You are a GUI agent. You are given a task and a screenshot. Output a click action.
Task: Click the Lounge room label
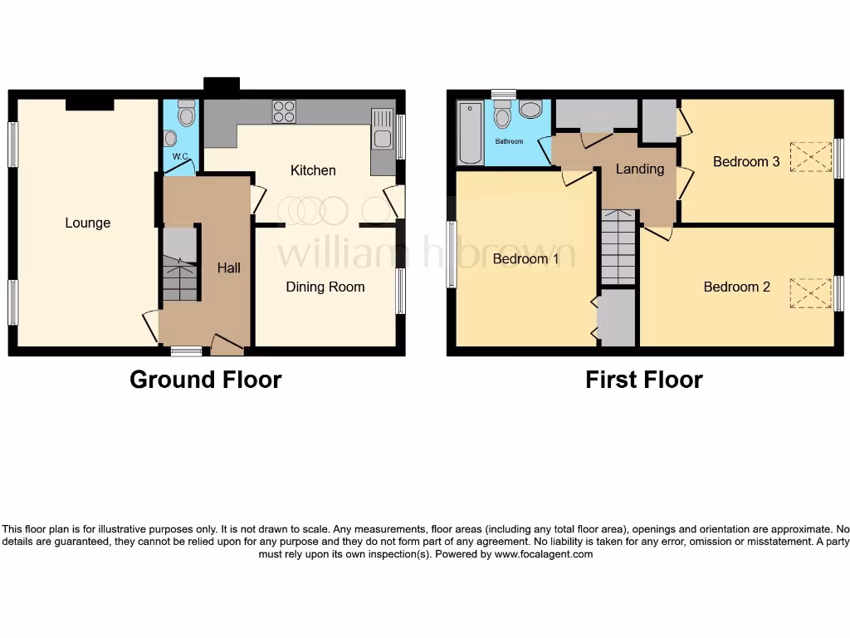(x=87, y=223)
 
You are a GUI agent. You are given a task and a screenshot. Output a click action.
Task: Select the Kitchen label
(x=313, y=170)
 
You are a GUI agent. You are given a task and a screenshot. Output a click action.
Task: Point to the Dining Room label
(x=325, y=287)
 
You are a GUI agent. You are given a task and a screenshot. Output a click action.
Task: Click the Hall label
(x=228, y=267)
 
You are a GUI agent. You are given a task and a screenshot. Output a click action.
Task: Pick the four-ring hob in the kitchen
(x=284, y=111)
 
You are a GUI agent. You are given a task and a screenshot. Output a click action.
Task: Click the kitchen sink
(x=382, y=131)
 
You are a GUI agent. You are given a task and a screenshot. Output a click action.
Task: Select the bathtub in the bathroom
(x=470, y=133)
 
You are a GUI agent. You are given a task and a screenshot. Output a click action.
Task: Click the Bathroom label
(x=509, y=141)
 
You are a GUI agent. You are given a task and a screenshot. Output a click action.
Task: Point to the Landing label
(x=639, y=169)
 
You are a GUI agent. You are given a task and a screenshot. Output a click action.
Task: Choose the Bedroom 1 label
(x=525, y=258)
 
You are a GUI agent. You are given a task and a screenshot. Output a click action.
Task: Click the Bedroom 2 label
(x=736, y=287)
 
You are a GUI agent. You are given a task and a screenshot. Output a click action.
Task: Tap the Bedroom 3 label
(x=745, y=161)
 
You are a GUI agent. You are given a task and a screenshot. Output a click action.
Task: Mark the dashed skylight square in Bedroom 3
(x=810, y=157)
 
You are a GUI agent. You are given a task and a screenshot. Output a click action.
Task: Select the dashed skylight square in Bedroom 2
(x=810, y=293)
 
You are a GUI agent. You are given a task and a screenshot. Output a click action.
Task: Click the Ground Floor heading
(x=205, y=380)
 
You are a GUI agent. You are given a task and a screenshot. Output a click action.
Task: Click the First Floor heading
(x=643, y=380)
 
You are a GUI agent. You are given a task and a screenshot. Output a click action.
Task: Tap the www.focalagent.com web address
(x=544, y=554)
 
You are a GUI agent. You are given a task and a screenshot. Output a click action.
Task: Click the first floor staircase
(x=618, y=248)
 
